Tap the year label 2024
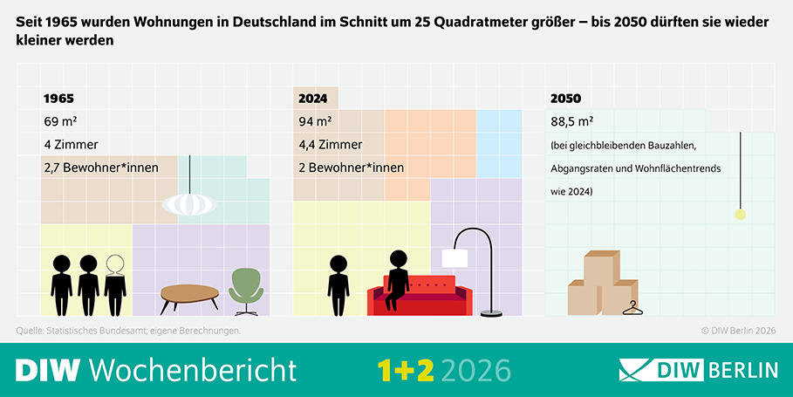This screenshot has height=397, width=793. coord(314,99)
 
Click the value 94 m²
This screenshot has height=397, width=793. coord(315,121)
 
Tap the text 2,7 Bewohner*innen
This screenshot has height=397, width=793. coord(100,167)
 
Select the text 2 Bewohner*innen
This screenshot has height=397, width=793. coord(350,167)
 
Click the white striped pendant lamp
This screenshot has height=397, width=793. coord(189,203)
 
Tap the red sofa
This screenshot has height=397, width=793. coord(420,295)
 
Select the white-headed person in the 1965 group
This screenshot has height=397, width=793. coord(115,284)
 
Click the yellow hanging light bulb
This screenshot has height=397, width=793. coord(741,215)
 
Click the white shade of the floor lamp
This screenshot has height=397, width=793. coord(455,257)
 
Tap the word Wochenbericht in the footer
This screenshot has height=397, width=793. coord(193,369)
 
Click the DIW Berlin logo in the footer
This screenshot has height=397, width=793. coord(698,369)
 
